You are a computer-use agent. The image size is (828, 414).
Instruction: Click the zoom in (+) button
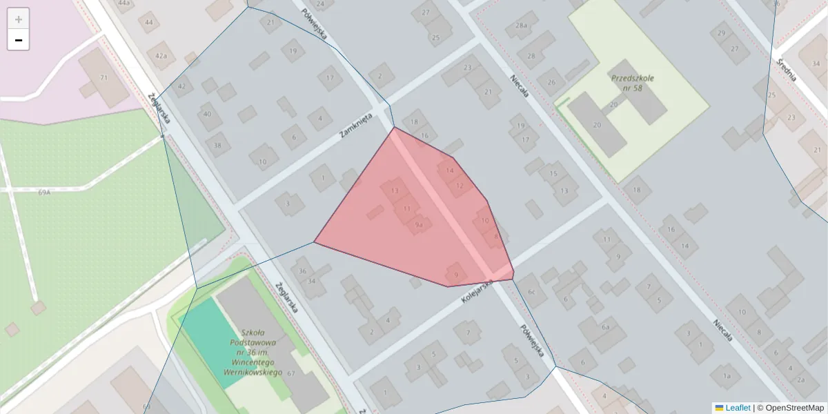coord(19,19)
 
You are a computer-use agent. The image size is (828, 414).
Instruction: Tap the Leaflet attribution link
coord(737,408)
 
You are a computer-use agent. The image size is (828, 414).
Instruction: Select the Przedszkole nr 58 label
coord(632,83)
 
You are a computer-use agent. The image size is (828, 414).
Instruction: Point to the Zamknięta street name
coord(356,126)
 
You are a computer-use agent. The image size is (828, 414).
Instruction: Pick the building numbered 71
coord(104,78)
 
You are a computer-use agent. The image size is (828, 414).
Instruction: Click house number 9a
coord(419,225)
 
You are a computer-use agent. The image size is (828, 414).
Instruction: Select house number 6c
coord(531,292)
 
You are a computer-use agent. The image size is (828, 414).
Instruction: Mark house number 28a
coord(521,26)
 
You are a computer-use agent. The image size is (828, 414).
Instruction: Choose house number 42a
coord(161,56)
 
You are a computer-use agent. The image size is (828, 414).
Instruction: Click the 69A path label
coord(45,193)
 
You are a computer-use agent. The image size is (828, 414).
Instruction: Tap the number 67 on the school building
coord(291,373)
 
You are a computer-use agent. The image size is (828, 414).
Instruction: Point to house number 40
coord(208,114)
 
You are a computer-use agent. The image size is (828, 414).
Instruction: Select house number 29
coord(722,33)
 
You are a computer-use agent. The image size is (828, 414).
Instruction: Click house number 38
coord(218,145)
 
